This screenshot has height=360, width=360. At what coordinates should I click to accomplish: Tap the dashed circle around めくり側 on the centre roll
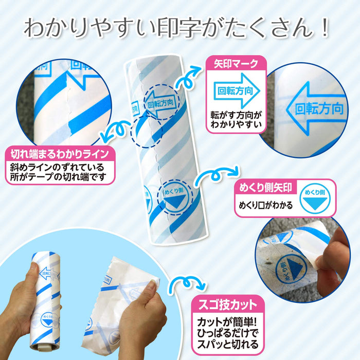174,196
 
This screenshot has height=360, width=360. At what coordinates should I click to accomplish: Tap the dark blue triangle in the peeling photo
297,265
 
